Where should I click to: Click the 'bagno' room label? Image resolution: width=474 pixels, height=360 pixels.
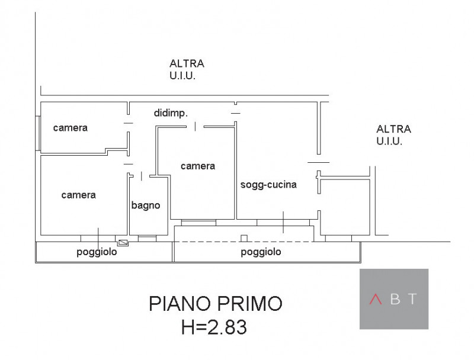click(146, 205)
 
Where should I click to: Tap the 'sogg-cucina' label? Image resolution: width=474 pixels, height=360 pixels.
click(268, 185)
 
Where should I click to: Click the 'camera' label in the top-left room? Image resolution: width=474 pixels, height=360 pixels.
click(70, 127)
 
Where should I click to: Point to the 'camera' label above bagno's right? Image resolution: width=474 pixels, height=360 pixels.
click(198, 166)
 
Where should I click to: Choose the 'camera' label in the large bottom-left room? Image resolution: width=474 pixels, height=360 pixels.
click(78, 195)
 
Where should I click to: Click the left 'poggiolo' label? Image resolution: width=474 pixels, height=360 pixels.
click(97, 252)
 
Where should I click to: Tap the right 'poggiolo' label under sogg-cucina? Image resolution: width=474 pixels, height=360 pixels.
click(261, 252)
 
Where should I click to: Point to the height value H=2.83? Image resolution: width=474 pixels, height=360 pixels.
click(214, 326)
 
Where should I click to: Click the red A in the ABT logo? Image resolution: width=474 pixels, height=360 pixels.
click(375, 299)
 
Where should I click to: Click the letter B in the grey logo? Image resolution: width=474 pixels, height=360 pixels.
click(395, 299)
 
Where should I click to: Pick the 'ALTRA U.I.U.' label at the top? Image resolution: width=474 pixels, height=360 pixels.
click(187, 69)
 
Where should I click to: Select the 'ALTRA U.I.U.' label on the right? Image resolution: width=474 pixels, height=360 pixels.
click(393, 135)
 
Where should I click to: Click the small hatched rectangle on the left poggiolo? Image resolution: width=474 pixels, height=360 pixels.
click(123, 242)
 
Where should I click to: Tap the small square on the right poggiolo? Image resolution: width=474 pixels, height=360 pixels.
click(244, 238)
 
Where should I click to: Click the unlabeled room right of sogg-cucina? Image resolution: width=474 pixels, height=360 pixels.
click(345, 204)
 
